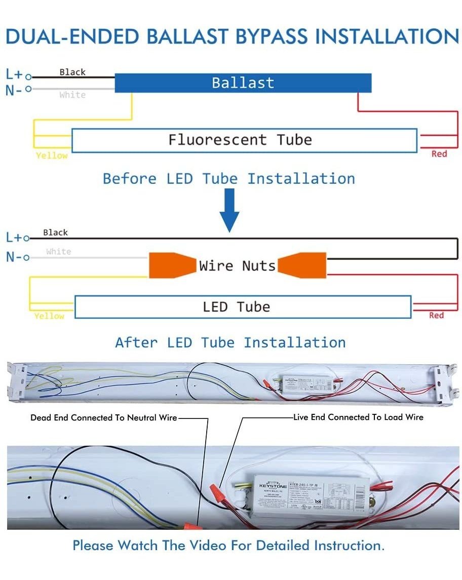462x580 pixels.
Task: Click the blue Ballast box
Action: (243, 83)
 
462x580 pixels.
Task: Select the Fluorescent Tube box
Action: (244, 140)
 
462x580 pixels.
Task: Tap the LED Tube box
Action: (243, 307)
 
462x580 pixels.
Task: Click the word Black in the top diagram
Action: (72, 72)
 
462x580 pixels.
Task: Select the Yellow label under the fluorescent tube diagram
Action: (52, 156)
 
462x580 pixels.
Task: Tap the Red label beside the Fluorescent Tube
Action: (439, 153)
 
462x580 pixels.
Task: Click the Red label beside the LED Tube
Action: (436, 315)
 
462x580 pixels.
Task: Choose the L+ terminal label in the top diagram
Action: (14, 74)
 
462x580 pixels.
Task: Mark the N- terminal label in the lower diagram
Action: (14, 257)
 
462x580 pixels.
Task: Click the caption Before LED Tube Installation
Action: (229, 179)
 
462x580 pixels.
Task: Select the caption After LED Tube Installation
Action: (230, 342)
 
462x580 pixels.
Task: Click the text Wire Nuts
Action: (237, 265)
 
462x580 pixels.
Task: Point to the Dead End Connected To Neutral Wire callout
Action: (104, 418)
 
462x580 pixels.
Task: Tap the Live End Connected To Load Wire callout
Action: (358, 417)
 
